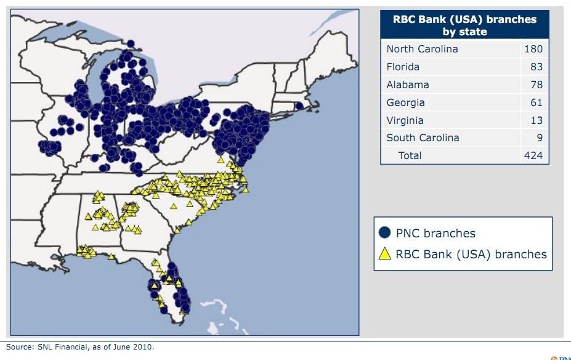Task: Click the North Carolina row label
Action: click(422, 49)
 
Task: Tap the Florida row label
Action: click(403, 67)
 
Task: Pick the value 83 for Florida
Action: click(535, 67)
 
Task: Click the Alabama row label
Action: click(408, 84)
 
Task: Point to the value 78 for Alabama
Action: click(535, 84)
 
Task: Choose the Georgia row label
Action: click(405, 102)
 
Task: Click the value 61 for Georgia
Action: click(535, 102)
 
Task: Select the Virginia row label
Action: click(405, 120)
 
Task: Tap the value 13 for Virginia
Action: click(535, 120)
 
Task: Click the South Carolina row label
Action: click(423, 137)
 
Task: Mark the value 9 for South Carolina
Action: click(538, 137)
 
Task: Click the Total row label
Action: click(410, 155)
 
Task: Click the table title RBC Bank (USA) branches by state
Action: click(464, 25)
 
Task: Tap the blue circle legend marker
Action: click(385, 233)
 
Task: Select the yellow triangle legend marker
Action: click(385, 253)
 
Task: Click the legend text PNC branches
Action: click(435, 233)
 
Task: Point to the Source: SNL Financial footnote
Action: click(80, 347)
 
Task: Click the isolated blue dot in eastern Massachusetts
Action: click(299, 105)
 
